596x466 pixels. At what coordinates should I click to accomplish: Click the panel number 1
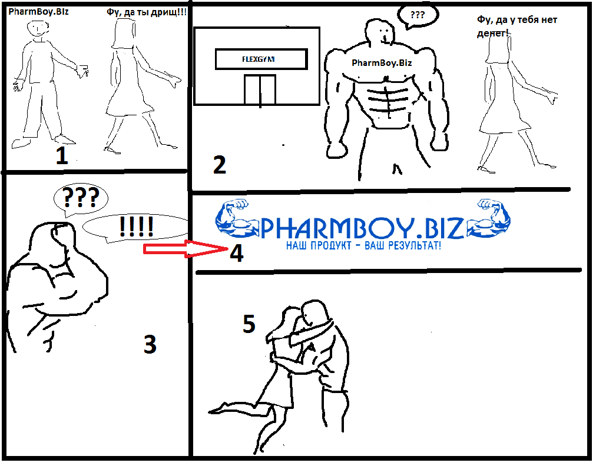pyautogui.click(x=62, y=155)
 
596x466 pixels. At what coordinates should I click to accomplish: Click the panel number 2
pyautogui.click(x=220, y=165)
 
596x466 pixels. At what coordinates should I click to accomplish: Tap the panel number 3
pyautogui.click(x=150, y=344)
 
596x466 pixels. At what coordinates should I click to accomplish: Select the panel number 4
pyautogui.click(x=236, y=254)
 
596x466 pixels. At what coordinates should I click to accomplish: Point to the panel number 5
pyautogui.click(x=249, y=324)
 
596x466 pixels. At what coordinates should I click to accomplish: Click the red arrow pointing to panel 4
pyautogui.click(x=185, y=249)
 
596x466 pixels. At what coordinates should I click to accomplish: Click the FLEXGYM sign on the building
pyautogui.click(x=261, y=59)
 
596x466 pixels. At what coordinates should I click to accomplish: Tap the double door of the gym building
pyautogui.click(x=260, y=89)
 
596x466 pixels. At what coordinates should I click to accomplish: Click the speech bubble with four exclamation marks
pyautogui.click(x=135, y=228)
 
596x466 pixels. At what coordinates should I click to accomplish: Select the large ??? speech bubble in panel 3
pyautogui.click(x=81, y=199)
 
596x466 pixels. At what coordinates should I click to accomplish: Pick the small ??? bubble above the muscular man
pyautogui.click(x=418, y=16)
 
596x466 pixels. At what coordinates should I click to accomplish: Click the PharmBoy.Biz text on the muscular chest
pyautogui.click(x=382, y=63)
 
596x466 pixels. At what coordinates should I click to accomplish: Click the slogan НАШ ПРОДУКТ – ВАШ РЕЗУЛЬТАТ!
pyautogui.click(x=363, y=245)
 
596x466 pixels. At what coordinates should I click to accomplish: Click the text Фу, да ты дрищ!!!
pyautogui.click(x=147, y=12)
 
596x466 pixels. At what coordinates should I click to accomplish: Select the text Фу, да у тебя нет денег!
pyautogui.click(x=517, y=26)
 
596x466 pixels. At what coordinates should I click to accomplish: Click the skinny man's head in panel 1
pyautogui.click(x=38, y=29)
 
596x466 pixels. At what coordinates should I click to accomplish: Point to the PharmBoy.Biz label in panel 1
pyautogui.click(x=38, y=11)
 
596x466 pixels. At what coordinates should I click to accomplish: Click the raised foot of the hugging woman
pyautogui.click(x=218, y=410)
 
